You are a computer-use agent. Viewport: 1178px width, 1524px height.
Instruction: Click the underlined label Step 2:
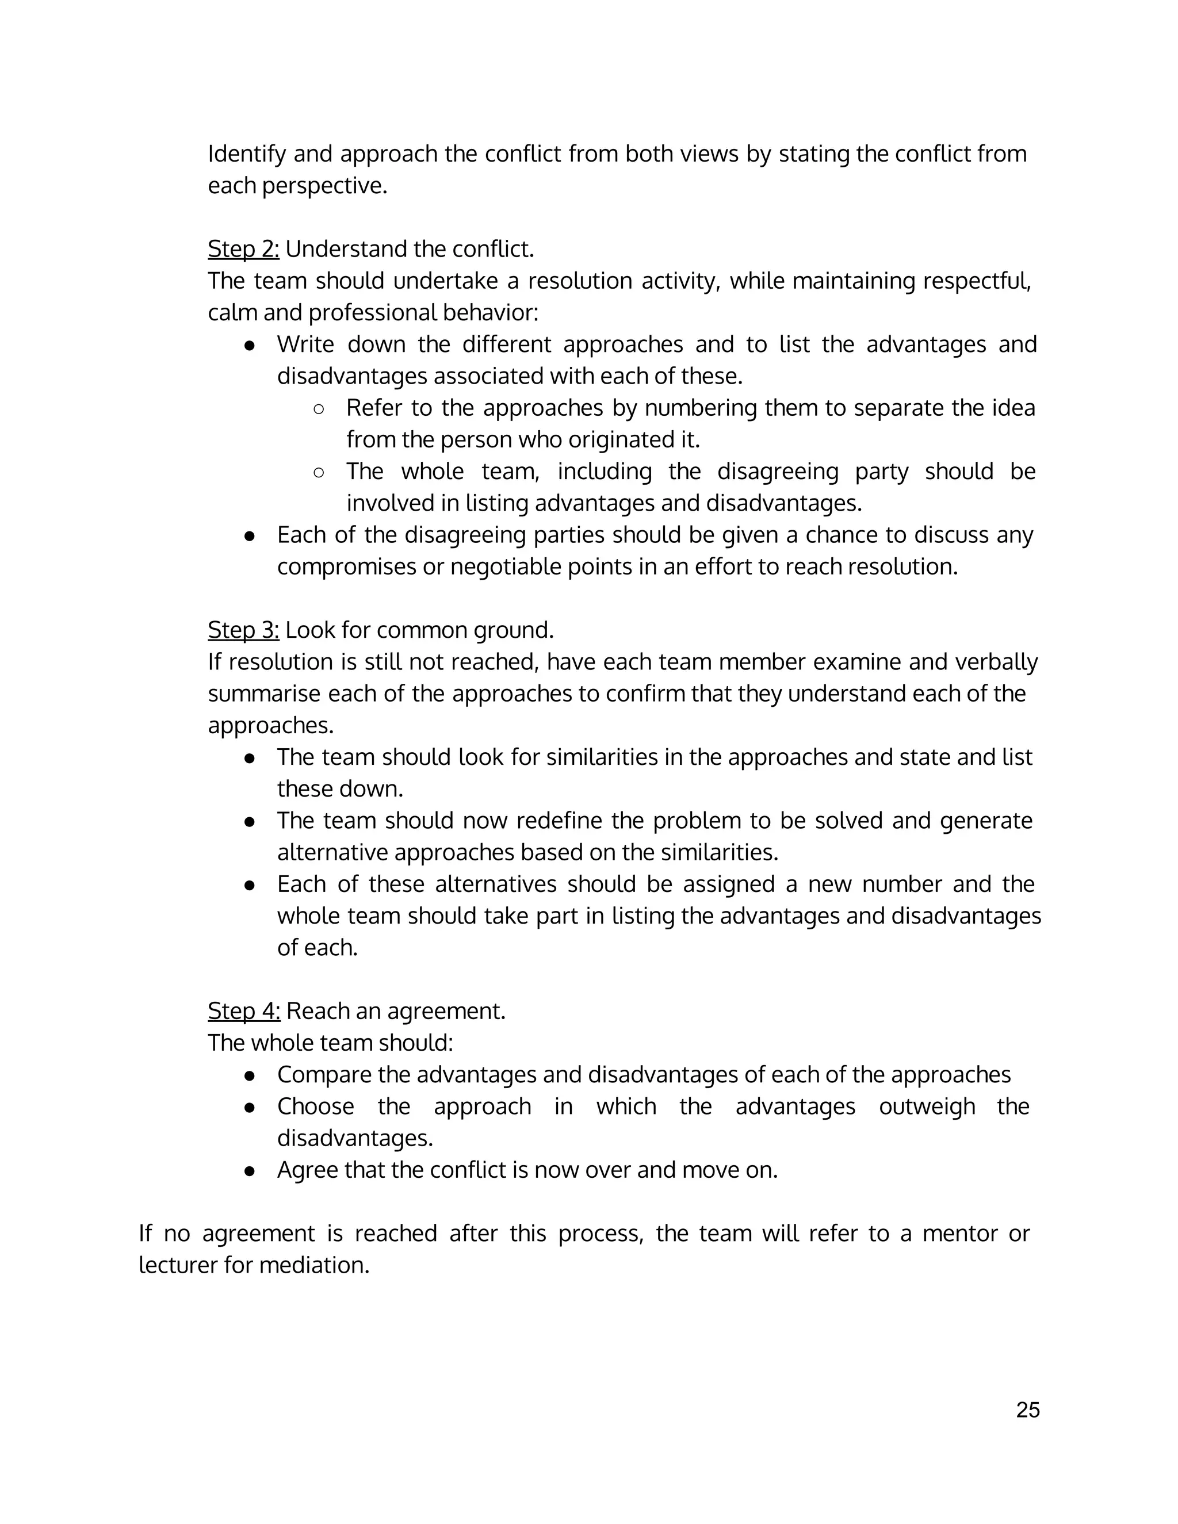(243, 249)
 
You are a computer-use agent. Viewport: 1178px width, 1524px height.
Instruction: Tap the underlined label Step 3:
(243, 630)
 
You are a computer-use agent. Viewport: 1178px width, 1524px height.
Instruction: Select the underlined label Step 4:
(243, 1011)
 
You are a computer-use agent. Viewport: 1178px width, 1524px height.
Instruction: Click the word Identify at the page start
(246, 154)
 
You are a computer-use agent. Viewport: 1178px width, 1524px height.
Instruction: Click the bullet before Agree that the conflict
(249, 1171)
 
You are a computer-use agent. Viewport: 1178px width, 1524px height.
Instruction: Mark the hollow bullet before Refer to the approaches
(318, 409)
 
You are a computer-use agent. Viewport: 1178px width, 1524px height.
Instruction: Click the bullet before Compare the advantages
(249, 1076)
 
